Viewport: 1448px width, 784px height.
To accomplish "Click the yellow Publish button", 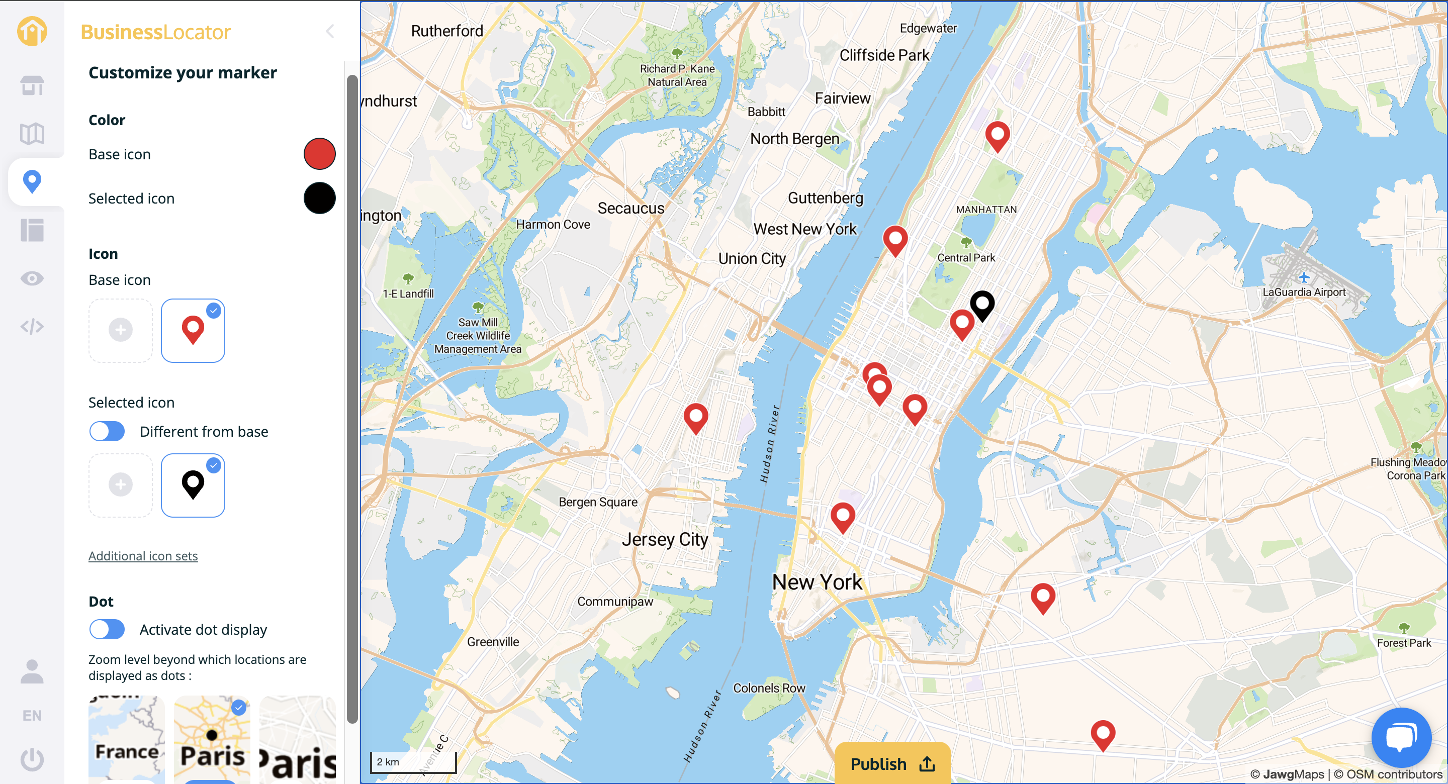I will [x=892, y=763].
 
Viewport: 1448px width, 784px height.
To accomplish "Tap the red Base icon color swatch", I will [x=319, y=153].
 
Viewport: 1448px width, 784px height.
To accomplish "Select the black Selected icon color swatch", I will [x=319, y=198].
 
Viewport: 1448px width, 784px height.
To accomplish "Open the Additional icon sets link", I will [x=143, y=555].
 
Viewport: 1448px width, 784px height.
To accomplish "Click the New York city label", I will [x=817, y=581].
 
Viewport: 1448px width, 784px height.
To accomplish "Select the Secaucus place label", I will [x=630, y=208].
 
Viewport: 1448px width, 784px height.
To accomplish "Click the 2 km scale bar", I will [x=413, y=761].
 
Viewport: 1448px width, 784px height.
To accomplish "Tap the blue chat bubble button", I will [x=1401, y=737].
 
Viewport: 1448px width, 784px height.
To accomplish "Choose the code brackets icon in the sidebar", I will [x=32, y=326].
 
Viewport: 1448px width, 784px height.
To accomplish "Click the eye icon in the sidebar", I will [x=32, y=278].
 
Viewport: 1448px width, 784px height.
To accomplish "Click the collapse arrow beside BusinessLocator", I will [x=330, y=32].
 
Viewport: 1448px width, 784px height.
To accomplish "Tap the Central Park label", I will [x=966, y=257].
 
